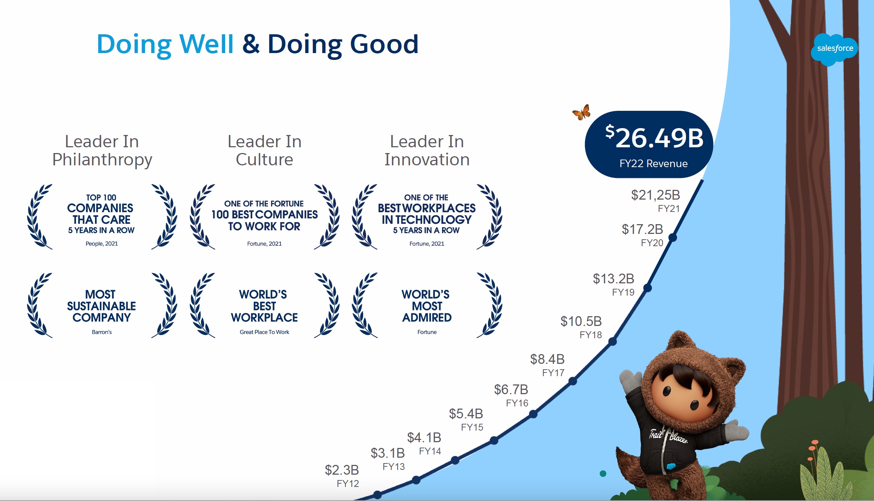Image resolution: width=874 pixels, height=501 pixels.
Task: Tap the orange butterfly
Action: point(582,112)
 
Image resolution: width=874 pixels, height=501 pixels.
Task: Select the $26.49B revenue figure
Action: point(654,138)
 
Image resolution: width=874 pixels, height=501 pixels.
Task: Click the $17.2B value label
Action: point(642,229)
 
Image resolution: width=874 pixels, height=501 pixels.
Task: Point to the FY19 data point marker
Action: point(647,288)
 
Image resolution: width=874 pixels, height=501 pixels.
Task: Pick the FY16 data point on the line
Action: point(533,414)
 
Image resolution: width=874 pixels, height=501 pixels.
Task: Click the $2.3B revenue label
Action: point(342,470)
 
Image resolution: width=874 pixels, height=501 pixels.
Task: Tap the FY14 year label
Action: point(430,451)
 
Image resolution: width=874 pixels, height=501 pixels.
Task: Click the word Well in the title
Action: point(206,44)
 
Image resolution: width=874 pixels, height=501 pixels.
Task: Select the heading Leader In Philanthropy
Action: point(102,150)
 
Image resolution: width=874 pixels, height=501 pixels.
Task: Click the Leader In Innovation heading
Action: point(427,150)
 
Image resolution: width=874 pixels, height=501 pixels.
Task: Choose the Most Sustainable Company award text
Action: point(101,306)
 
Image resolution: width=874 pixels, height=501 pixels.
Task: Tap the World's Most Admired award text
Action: point(427,306)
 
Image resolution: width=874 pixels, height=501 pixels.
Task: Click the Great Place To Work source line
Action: point(265,332)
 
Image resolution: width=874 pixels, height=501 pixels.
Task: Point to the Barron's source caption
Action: point(102,332)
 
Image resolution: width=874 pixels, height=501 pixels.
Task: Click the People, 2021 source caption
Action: point(102,244)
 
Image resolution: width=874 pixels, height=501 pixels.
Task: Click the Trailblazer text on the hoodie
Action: point(668,436)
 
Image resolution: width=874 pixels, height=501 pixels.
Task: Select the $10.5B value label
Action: point(581,321)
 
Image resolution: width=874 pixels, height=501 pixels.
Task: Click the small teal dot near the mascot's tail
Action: point(603,474)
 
